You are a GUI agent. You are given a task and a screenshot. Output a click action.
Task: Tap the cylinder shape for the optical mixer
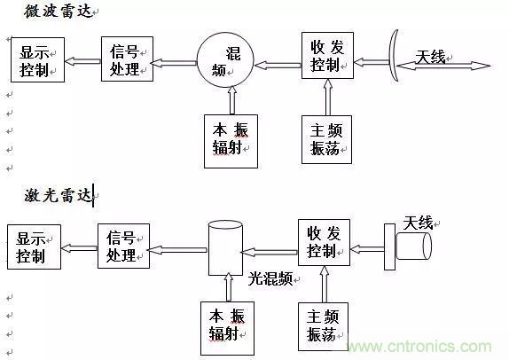point(225,247)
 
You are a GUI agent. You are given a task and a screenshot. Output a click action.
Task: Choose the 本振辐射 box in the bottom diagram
point(228,324)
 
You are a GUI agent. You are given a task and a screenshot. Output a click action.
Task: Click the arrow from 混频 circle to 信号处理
point(174,62)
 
